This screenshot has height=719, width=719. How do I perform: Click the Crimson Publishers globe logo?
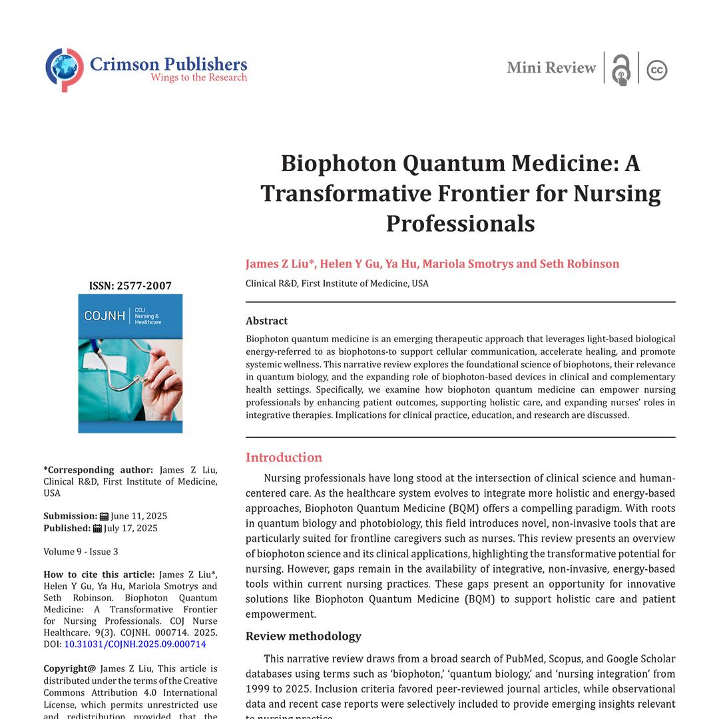pos(65,69)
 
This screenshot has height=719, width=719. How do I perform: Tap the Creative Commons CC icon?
pos(657,70)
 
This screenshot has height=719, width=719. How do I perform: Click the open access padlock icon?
pos(621,69)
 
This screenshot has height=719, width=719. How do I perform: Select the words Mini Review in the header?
pos(551,68)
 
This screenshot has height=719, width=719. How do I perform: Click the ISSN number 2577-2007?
pos(144,286)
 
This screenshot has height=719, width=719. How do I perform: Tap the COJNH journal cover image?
pos(130,363)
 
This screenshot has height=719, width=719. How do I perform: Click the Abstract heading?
pos(266,321)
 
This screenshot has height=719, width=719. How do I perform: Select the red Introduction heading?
pos(284,457)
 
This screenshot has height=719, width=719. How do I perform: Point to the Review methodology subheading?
pos(304,636)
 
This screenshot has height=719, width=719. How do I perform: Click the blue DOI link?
pos(135,644)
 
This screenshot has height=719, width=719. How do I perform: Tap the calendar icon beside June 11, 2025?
pos(104,516)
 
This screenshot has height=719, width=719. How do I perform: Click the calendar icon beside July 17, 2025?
pos(97,528)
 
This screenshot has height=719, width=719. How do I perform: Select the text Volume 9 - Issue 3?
pos(81,552)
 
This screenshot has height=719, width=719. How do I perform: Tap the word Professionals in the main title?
pos(460,223)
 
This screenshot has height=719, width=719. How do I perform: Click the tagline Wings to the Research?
pos(198,78)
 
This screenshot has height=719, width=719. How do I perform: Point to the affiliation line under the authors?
pos(337,284)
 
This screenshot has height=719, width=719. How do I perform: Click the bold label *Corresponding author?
pos(98,469)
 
